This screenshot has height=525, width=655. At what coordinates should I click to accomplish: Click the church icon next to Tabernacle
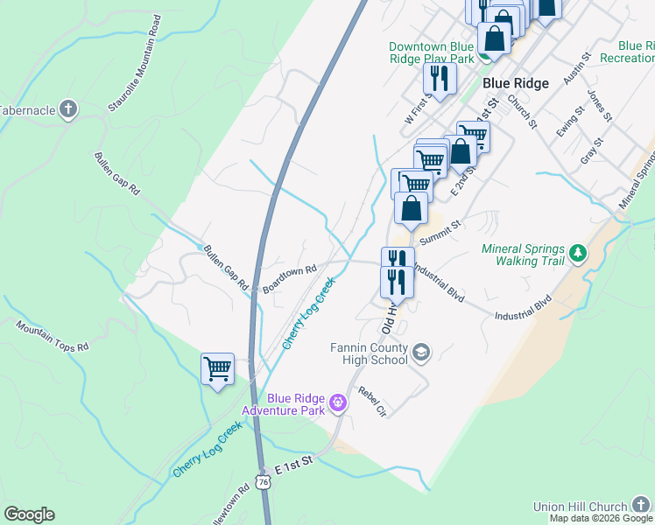68,110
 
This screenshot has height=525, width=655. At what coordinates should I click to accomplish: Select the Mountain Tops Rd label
53,335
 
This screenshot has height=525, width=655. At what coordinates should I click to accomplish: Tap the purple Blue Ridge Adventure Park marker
338,403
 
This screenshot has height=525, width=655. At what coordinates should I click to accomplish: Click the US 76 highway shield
263,482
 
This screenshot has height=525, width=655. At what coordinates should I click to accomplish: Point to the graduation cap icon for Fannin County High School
420,353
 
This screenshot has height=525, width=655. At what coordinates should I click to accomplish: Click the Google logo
29,514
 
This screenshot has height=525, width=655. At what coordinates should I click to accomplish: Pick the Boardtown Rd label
288,279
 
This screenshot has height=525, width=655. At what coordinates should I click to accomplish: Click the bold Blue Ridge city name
516,83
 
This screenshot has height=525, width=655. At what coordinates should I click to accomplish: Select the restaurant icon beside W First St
440,78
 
